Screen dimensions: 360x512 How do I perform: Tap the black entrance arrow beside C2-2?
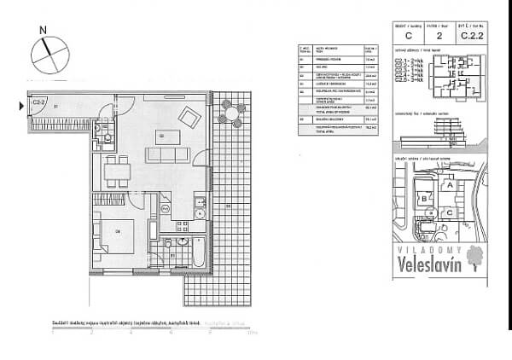[22, 106]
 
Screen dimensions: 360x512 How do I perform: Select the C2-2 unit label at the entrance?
[38, 102]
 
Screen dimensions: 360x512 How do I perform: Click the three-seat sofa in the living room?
[164, 154]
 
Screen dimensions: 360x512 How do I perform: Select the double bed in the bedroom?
[112, 233]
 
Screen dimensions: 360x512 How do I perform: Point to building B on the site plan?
[423, 199]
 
